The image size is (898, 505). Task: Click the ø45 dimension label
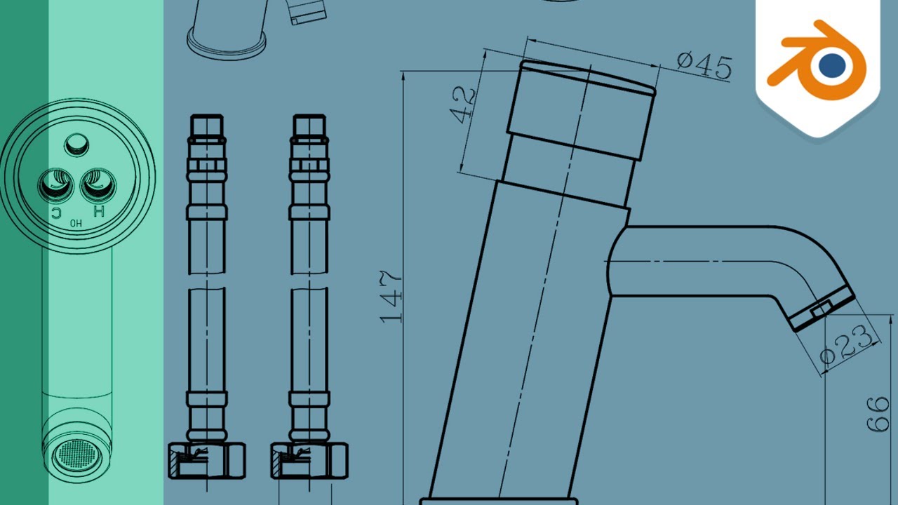coord(704,66)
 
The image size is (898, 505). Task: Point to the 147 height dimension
coord(391,297)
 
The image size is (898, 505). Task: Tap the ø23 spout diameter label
coord(849,346)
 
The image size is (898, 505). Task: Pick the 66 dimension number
coord(878,414)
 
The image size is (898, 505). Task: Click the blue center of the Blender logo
coord(833,65)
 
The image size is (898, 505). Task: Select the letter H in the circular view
coord(98,211)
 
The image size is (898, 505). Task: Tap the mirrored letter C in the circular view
coord(55,211)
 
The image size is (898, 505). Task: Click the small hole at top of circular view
coord(77,145)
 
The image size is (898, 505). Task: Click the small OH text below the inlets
coord(76,224)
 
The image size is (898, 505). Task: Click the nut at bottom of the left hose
coord(207,460)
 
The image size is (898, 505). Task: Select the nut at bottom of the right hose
coord(309,460)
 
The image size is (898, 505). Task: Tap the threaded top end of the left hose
coord(207,126)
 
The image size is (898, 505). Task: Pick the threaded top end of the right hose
coord(309,126)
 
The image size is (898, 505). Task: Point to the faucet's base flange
coord(499,501)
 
